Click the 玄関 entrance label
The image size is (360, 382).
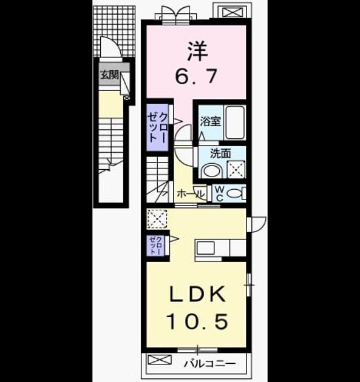[110, 75]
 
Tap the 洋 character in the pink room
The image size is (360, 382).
[197, 52]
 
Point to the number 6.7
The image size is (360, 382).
[196, 76]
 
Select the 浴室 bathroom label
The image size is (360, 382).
[211, 121]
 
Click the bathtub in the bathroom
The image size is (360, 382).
[235, 122]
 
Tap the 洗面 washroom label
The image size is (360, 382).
[220, 154]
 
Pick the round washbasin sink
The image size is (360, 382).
[212, 170]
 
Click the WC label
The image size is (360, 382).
[220, 194]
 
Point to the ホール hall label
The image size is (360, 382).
[191, 194]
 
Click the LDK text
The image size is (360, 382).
[197, 294]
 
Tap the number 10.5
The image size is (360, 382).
[197, 321]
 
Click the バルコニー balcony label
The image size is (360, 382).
[210, 364]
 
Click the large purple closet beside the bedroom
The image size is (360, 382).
[157, 127]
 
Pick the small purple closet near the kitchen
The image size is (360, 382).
[155, 246]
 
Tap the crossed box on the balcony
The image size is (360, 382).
[160, 360]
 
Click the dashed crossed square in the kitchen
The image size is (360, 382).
[157, 218]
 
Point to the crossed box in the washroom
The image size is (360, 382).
[236, 169]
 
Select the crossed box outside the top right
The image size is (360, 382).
[233, 12]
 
